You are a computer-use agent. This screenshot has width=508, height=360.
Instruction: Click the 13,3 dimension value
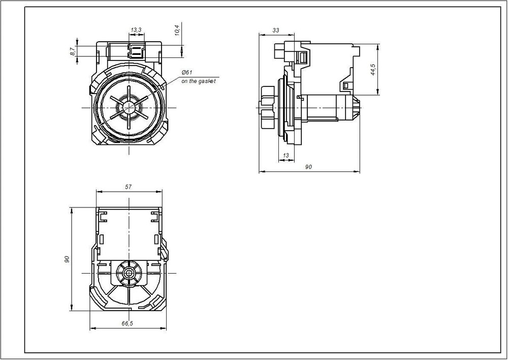pos(136,30)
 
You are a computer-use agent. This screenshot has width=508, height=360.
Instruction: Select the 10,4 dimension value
pos(177,31)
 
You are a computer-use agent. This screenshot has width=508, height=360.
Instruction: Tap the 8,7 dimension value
pos(73,51)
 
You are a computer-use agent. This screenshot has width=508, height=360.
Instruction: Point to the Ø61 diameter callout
pos(187,72)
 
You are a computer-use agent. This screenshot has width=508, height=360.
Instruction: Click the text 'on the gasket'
pos(198,81)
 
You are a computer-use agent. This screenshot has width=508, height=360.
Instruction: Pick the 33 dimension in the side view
pos(276,30)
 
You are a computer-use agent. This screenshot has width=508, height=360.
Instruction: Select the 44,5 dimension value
pos(373,70)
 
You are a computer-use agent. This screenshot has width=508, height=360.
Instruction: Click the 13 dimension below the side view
pos(285,156)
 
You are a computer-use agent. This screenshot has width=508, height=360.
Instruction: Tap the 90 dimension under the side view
pos(308,167)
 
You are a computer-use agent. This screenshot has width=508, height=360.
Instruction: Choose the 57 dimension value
pos(129,187)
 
